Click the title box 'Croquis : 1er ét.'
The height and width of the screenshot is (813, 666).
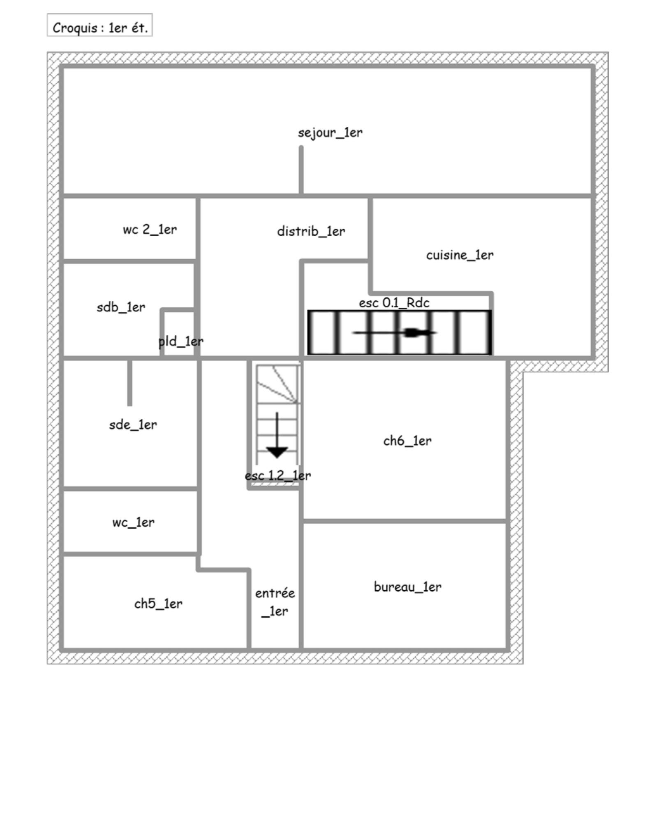coord(100,25)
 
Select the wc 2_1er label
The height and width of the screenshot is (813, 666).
coord(150,229)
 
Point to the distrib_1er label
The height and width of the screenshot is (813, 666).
coord(311,231)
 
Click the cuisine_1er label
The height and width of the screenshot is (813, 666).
coord(460,255)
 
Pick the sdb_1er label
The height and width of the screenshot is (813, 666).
coord(121,307)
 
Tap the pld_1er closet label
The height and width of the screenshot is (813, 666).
coord(181,341)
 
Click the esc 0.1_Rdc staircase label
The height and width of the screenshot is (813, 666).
coord(394,303)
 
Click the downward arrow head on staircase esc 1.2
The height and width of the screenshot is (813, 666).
coord(277,452)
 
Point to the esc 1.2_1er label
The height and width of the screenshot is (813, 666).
coord(278,476)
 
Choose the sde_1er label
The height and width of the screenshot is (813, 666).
coord(133,425)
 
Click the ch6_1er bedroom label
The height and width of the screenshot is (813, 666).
coord(407,441)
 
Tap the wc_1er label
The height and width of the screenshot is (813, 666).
coord(133,523)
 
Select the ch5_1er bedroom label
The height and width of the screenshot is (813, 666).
coord(158,604)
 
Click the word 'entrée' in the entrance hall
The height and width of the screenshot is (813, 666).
coord(275,593)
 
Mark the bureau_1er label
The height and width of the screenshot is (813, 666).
coord(408,587)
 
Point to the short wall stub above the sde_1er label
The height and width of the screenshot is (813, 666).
coord(129,382)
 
